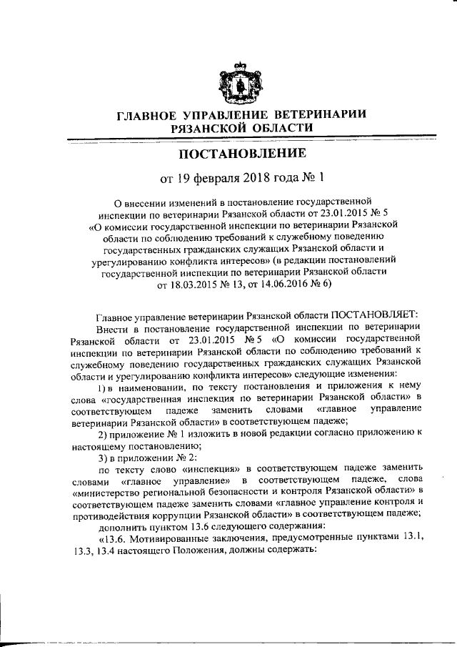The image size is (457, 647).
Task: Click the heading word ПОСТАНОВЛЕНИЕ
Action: [x=242, y=153]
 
